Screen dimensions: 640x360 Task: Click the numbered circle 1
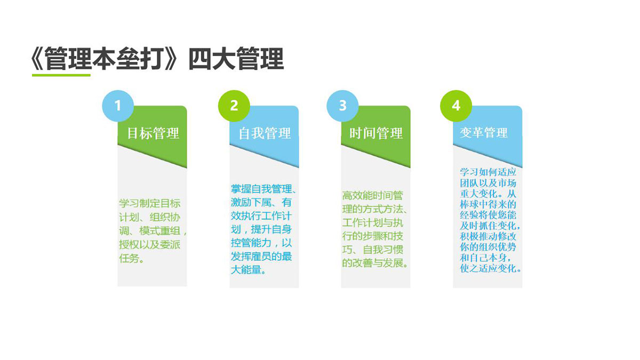point(118,106)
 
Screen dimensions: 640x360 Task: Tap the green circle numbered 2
point(234,106)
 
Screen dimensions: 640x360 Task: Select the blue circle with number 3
point(342,106)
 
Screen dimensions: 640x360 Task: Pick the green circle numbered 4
point(456,106)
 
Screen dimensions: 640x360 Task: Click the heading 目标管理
point(153,133)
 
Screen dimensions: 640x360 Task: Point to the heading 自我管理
point(265,133)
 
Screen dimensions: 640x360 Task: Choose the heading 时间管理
point(376,133)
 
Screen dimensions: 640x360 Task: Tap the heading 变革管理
point(484,133)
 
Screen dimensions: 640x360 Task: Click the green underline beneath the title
point(61,75)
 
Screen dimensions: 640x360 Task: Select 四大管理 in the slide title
point(236,59)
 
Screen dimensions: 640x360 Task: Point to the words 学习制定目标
point(150,204)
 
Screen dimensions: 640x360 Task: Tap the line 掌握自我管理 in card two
point(261,189)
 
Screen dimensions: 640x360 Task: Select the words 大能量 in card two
point(246,270)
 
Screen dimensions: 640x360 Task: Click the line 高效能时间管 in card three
point(373,196)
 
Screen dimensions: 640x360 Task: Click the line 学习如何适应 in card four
point(488,172)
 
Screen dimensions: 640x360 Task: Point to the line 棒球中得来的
point(488,204)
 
